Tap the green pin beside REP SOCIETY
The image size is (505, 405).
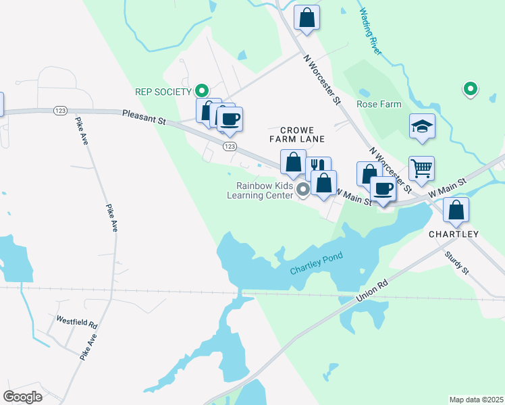point(201,90)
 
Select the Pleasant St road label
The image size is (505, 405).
point(144,117)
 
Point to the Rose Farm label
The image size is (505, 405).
point(379,105)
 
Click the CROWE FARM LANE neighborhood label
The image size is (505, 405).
point(298,134)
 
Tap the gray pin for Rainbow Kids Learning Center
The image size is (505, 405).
point(303,190)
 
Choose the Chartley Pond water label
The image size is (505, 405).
point(317,263)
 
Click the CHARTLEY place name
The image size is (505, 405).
point(454,234)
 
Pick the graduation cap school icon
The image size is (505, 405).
point(422,126)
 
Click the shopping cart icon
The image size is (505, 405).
point(422,169)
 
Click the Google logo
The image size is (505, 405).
point(23,397)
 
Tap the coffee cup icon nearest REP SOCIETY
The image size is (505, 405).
point(230,119)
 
